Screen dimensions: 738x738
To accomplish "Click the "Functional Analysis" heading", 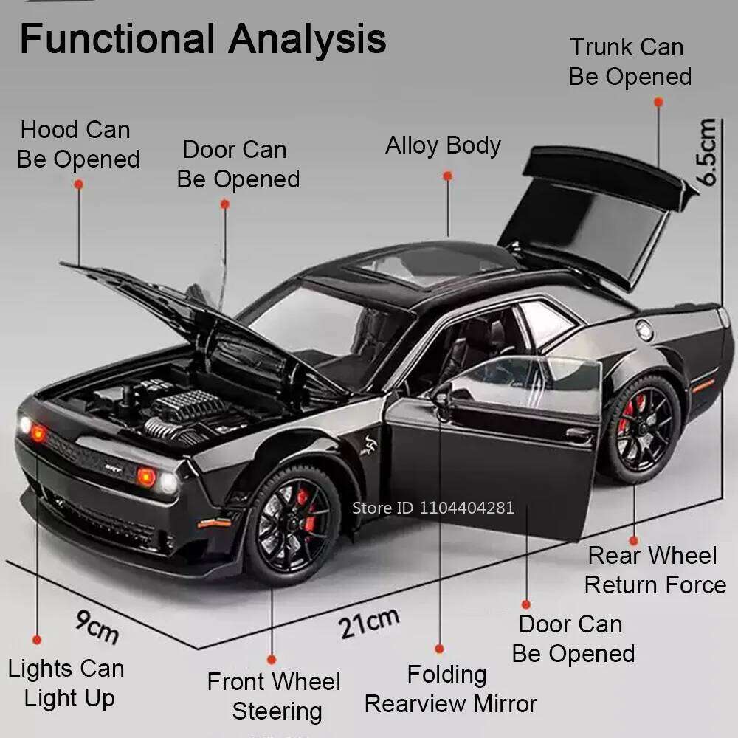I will pos(202,38).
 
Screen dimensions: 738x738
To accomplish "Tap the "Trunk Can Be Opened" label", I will pos(630,62).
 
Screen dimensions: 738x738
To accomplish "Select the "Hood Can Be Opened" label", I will pos(77,145).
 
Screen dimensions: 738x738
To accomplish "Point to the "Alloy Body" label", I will pos(443,145).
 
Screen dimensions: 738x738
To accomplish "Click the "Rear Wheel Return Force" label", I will pos(654,570).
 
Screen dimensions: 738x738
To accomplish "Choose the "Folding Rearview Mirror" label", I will pos(449,689).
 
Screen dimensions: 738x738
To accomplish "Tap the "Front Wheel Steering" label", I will pos(275,696).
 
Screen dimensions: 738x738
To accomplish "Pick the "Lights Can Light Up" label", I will pos(67,683).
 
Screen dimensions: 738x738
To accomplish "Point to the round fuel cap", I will pos(645,331).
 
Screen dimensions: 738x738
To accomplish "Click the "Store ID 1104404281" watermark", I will pos(433,507).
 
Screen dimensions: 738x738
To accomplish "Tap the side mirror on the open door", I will pos(442,396).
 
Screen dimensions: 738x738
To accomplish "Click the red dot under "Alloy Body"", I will pos(447,176).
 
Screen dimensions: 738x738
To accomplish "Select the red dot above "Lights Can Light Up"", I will pos(36,639).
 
